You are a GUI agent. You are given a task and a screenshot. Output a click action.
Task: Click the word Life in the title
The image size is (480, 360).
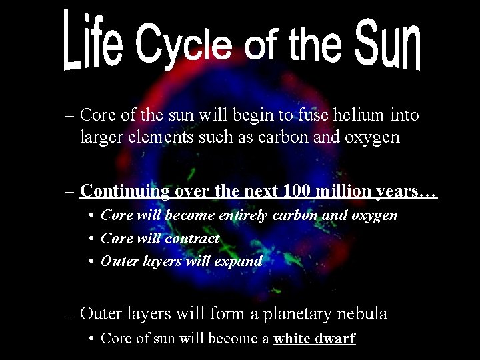(x=93, y=41)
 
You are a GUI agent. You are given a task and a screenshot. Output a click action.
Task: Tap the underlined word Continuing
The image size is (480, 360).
(x=125, y=191)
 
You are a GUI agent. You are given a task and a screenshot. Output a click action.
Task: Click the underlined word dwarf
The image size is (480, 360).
(x=333, y=338)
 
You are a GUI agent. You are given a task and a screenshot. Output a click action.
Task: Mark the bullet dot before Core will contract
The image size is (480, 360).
(x=91, y=239)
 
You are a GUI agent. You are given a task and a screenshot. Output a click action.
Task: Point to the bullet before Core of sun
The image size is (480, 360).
(x=91, y=339)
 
